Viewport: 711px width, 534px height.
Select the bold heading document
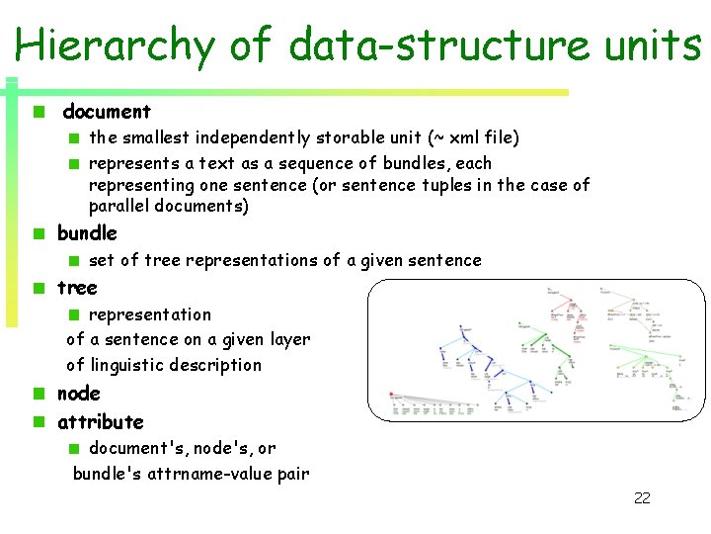tap(107, 112)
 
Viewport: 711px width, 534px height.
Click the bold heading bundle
tap(87, 233)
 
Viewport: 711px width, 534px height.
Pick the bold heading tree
tap(77, 288)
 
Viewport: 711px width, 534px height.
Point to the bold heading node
tap(78, 394)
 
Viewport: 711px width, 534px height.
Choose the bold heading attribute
tap(100, 422)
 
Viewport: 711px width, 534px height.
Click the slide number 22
tap(642, 498)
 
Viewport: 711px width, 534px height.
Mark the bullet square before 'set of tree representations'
tap(73, 261)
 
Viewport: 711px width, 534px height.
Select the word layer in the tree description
tap(289, 340)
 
